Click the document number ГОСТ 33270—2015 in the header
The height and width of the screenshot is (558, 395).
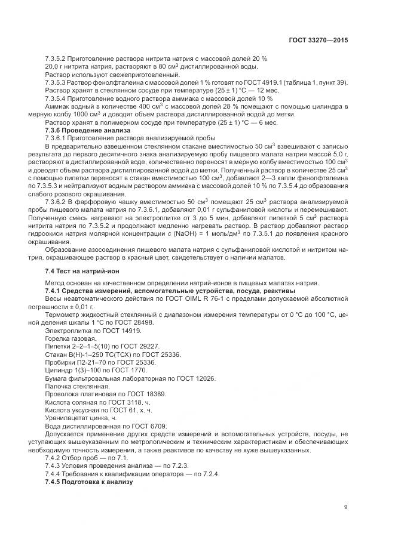click(319, 41)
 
